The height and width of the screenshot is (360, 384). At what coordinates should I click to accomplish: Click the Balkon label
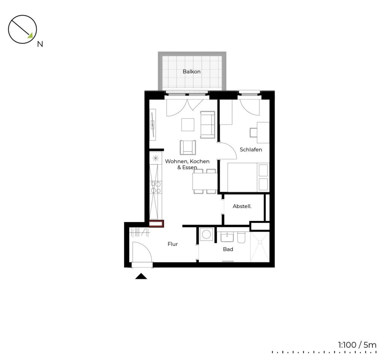pyautogui.click(x=192, y=72)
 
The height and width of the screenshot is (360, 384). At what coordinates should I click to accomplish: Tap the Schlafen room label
pyautogui.click(x=251, y=149)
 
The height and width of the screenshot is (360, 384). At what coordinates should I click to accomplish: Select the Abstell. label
pyautogui.click(x=242, y=206)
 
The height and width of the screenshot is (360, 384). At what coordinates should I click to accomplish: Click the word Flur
pyautogui.click(x=172, y=244)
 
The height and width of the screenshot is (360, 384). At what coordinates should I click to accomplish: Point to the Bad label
pyautogui.click(x=228, y=249)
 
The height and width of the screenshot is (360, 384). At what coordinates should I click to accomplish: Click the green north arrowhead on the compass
pyautogui.click(x=30, y=36)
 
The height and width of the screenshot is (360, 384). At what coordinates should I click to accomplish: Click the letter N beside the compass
pyautogui.click(x=40, y=44)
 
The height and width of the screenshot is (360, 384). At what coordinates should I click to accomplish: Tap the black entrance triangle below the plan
pyautogui.click(x=141, y=276)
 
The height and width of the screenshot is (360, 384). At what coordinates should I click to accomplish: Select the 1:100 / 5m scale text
pyautogui.click(x=357, y=345)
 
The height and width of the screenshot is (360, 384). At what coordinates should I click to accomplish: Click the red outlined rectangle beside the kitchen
pyautogui.click(x=156, y=223)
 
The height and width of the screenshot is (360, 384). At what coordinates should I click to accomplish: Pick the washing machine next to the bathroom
pyautogui.click(x=206, y=234)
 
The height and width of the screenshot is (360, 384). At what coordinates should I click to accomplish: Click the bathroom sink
pyautogui.click(x=227, y=237)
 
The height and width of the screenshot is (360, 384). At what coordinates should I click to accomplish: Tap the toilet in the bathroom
pyautogui.click(x=241, y=237)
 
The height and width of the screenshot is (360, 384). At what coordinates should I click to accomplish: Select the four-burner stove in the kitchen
pyautogui.click(x=156, y=187)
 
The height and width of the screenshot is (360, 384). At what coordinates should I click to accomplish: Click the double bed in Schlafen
pyautogui.click(x=248, y=177)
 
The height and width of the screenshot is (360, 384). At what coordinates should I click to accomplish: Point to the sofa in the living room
pyautogui.click(x=208, y=124)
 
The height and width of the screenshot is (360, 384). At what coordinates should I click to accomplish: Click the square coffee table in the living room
pyautogui.click(x=188, y=124)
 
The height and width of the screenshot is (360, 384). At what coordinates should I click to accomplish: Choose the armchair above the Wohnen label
pyautogui.click(x=188, y=147)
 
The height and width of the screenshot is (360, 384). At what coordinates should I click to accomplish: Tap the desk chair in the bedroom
pyautogui.click(x=253, y=132)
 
